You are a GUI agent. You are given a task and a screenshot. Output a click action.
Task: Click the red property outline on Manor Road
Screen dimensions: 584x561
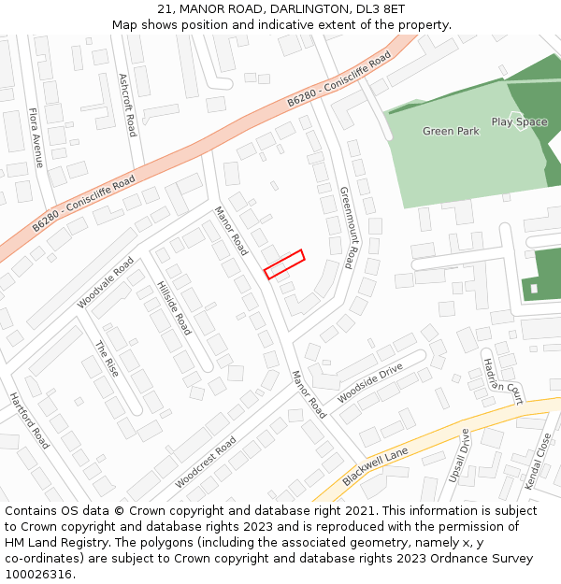(x=284, y=264)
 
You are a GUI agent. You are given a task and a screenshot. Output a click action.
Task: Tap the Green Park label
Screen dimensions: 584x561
(x=451, y=132)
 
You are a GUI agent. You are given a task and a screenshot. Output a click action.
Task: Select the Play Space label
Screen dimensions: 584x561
(x=519, y=122)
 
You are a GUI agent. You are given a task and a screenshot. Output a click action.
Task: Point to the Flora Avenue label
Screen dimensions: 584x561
(x=36, y=137)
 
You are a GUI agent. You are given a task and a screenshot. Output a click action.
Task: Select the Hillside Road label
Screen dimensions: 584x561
(x=174, y=307)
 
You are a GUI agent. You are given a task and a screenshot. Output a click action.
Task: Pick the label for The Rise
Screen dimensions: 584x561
(x=107, y=358)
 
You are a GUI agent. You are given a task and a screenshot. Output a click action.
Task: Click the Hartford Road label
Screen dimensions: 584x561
(x=29, y=420)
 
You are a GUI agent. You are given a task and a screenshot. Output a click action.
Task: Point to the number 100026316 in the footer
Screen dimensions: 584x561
(x=39, y=574)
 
